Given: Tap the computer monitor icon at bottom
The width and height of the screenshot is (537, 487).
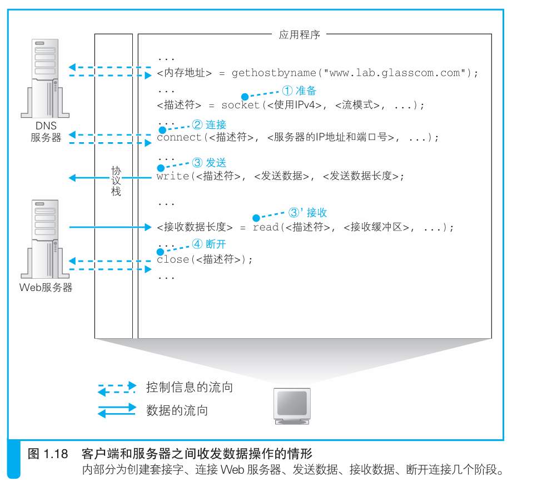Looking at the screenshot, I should point(292,405).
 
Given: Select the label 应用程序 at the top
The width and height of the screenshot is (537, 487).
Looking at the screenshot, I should point(300,34).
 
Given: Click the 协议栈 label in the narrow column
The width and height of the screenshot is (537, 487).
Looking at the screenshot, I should point(116,181).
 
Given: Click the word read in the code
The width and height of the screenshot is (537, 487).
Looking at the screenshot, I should point(265,227).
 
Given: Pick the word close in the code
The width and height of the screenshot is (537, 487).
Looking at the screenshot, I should point(173,259).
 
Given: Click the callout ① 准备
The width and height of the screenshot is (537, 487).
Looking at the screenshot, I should point(300,91).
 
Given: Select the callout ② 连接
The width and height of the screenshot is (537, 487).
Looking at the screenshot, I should point(210,124).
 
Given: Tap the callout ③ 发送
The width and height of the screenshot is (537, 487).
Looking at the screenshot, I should point(210,163).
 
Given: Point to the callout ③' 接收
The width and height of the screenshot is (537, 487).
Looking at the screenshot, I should point(307,213).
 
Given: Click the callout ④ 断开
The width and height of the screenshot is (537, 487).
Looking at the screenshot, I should point(210,244).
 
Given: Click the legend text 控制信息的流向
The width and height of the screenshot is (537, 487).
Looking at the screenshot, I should point(189,387).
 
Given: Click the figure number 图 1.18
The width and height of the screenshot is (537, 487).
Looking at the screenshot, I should point(48,454).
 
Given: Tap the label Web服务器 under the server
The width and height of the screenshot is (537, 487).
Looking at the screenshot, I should point(46,288).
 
